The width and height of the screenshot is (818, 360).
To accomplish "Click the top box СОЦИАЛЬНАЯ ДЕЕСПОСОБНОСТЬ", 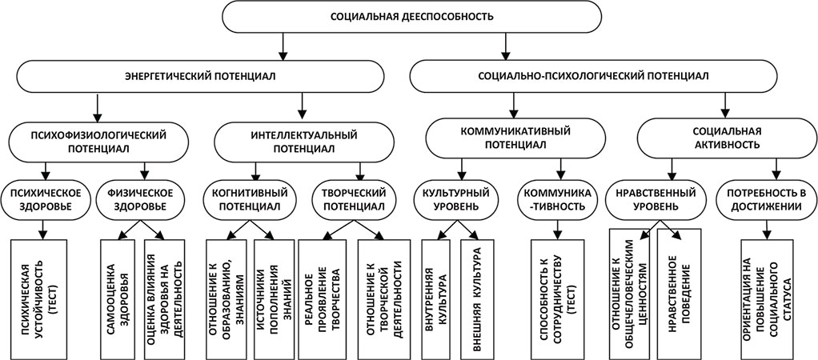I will (x=411, y=16).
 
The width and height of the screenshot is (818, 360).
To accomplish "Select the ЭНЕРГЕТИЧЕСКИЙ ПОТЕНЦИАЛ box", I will (x=200, y=78).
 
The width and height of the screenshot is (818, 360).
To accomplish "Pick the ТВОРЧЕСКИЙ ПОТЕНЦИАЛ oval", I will (x=355, y=199).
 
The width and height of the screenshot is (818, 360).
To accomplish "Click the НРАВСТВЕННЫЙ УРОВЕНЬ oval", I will (x=656, y=199).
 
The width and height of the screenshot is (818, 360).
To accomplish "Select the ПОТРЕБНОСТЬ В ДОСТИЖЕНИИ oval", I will (x=764, y=199).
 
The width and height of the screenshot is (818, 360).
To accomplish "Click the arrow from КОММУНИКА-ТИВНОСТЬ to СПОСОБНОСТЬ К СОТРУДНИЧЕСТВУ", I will (x=555, y=227).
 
